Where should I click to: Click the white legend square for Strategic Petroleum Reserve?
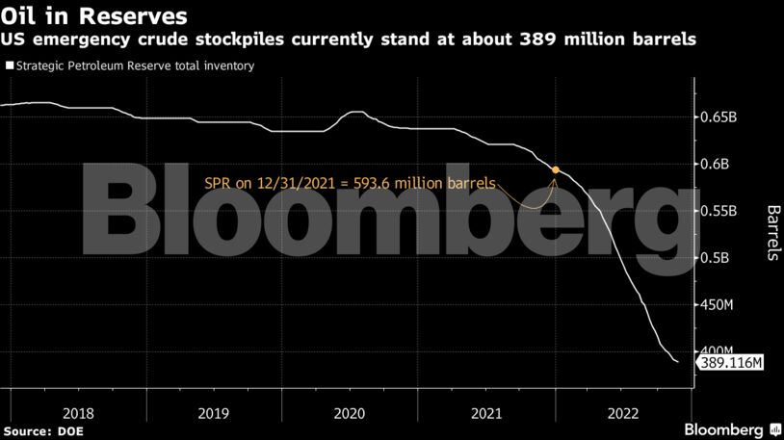tap(10, 66)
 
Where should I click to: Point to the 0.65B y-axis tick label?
tap(719, 116)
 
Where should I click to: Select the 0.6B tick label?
tap(715, 164)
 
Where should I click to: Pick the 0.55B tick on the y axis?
tap(719, 211)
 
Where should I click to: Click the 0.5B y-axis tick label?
tap(715, 258)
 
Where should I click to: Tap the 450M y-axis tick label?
tap(718, 305)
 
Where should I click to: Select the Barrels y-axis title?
tap(772, 232)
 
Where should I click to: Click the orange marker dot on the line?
tap(555, 169)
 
